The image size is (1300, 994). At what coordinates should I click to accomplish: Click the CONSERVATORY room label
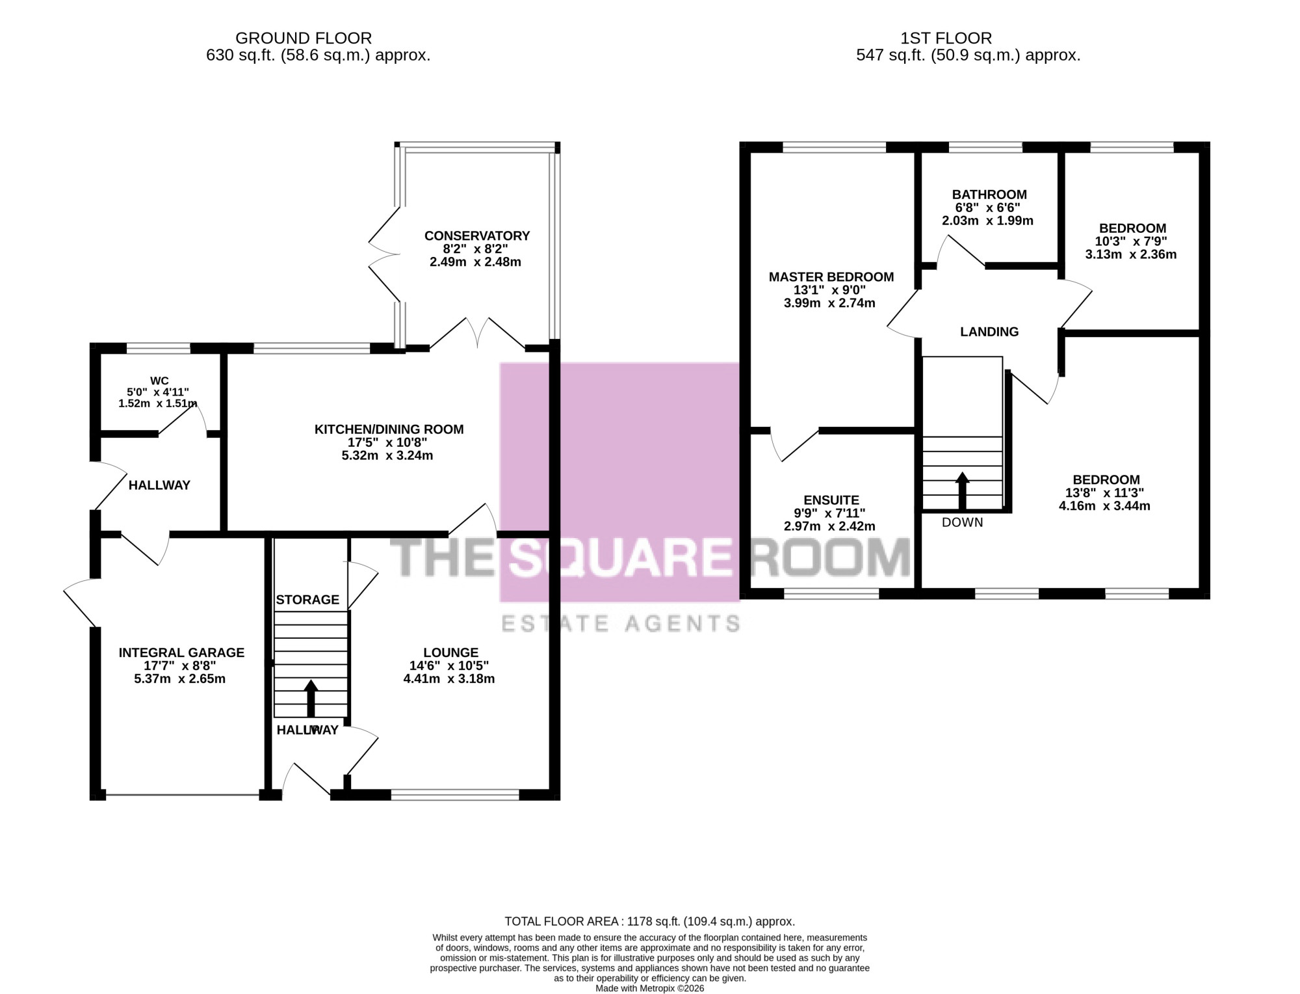(x=477, y=236)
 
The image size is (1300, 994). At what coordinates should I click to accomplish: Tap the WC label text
(x=159, y=381)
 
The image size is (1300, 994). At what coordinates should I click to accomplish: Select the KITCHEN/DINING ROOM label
(x=389, y=429)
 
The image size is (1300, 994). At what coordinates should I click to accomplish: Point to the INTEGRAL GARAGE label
(x=181, y=652)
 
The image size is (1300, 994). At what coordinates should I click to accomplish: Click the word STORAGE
(x=307, y=600)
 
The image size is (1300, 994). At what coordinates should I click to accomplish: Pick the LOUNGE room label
(x=450, y=652)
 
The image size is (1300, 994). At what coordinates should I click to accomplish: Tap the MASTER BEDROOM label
(x=831, y=277)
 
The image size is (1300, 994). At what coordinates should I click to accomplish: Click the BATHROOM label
(x=989, y=195)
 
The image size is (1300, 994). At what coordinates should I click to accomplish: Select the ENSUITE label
(x=831, y=500)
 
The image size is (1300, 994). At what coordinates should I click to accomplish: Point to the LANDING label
(x=989, y=332)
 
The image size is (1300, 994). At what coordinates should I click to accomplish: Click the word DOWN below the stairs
(x=963, y=522)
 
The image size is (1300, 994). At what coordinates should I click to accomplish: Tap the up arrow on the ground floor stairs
(x=311, y=699)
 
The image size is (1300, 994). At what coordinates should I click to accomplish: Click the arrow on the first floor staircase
(x=962, y=490)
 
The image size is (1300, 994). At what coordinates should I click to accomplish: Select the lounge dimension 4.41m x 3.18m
(x=449, y=679)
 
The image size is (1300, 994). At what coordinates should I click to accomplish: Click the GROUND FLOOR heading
(x=304, y=38)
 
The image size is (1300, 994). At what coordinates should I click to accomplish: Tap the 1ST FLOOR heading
(x=946, y=38)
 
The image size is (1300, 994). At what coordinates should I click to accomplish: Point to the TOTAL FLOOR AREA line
(x=650, y=922)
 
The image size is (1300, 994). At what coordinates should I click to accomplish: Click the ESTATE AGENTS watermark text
(x=621, y=624)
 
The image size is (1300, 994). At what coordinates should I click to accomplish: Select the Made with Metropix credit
(x=650, y=988)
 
